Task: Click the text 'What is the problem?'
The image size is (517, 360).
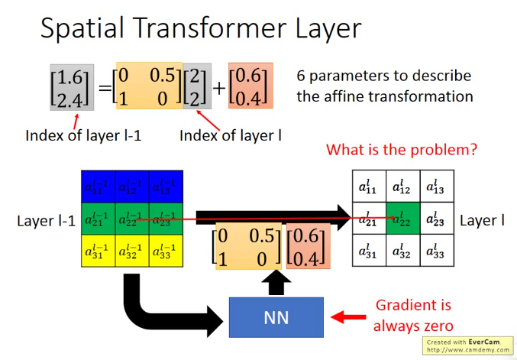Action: tap(401, 149)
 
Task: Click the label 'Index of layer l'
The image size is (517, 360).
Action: tap(231, 136)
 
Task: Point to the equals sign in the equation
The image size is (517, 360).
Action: tap(105, 86)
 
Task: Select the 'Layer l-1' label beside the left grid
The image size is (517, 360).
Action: tap(46, 222)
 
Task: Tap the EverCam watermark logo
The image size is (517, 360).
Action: tap(467, 346)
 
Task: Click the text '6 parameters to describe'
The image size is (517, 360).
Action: tap(383, 76)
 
